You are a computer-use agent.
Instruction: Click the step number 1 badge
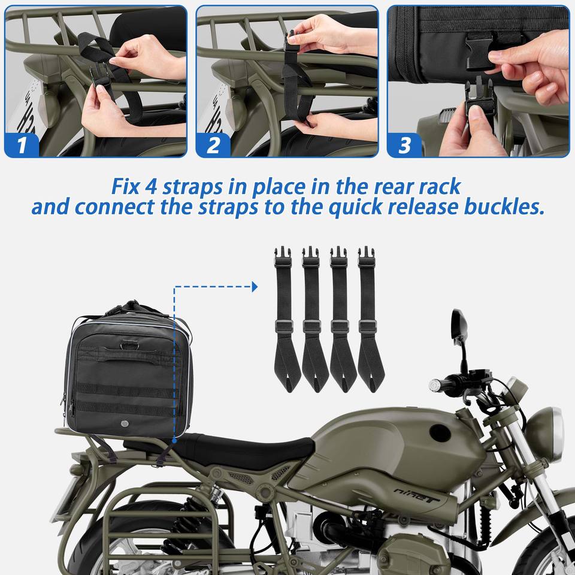(22, 145)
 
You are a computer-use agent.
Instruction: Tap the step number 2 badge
(213, 145)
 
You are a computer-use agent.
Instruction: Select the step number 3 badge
(405, 145)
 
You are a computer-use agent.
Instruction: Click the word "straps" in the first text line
(192, 187)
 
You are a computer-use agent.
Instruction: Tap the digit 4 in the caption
(151, 186)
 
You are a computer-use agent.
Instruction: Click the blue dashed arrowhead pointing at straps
(255, 287)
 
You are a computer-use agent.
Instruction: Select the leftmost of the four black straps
(286, 319)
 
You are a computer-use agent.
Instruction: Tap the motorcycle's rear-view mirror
(459, 325)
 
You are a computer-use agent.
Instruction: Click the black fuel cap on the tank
(440, 432)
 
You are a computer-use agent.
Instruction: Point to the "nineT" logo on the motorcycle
(417, 495)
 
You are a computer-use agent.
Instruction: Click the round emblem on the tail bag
(125, 424)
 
